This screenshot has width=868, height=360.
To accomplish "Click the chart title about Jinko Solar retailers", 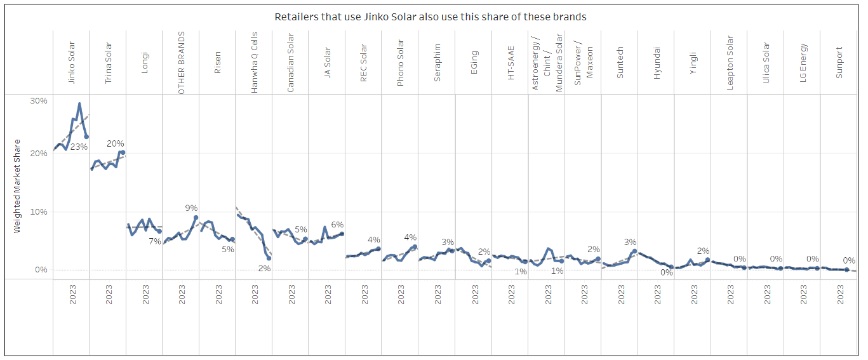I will (x=430, y=17).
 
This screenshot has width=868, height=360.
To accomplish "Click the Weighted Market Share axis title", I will (x=17, y=186).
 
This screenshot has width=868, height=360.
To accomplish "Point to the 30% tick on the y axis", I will (x=39, y=101).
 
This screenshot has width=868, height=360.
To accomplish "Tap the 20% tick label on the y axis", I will (x=39, y=154).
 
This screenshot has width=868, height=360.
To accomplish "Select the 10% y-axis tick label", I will (x=39, y=212).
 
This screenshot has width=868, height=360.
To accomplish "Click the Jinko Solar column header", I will (x=71, y=63).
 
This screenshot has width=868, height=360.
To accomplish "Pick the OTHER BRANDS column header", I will (x=181, y=63).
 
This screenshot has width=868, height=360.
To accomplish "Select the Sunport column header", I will (x=839, y=62).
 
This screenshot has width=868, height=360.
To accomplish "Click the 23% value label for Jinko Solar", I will (x=79, y=147).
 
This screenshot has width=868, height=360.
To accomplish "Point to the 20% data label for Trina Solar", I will (x=115, y=143).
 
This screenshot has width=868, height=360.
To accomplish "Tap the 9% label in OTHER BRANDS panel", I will (x=191, y=208).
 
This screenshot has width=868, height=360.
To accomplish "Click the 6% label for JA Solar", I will (x=337, y=225).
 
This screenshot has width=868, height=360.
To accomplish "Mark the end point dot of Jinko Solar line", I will (x=86, y=137).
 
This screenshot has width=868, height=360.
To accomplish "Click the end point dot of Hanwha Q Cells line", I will (x=269, y=258).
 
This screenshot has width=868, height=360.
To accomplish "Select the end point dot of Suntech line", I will (x=634, y=251).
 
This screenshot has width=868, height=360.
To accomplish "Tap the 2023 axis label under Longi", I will (x=145, y=295).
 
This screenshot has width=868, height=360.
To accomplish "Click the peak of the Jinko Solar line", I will (x=79, y=103).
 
